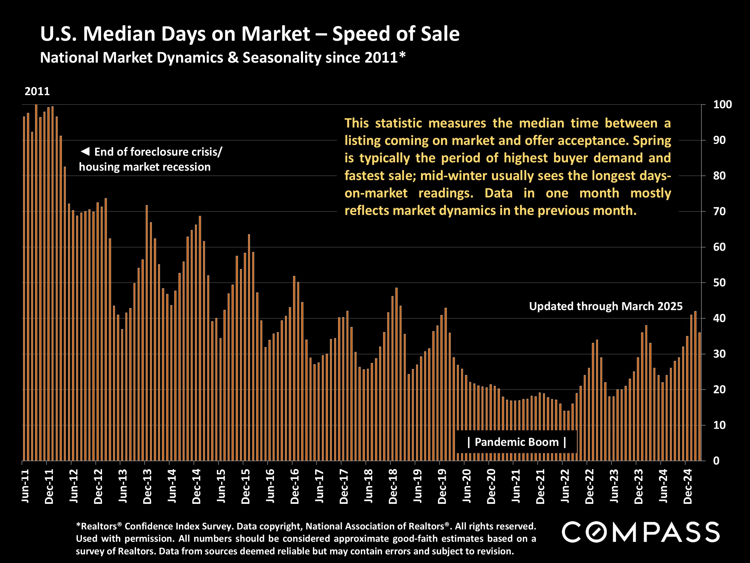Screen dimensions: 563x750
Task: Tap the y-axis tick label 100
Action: [x=722, y=104]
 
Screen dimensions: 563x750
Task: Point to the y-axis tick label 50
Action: [x=719, y=283]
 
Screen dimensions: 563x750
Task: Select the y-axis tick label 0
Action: [x=716, y=461]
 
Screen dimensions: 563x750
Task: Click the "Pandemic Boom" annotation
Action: [x=516, y=442]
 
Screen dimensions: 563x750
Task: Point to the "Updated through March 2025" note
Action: [x=606, y=307]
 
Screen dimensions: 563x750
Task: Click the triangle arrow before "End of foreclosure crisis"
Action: [x=85, y=151]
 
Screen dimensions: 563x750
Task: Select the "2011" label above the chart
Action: [x=37, y=91]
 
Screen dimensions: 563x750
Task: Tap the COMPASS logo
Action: [x=640, y=532]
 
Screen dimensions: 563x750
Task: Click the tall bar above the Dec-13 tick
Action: [x=147, y=333]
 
